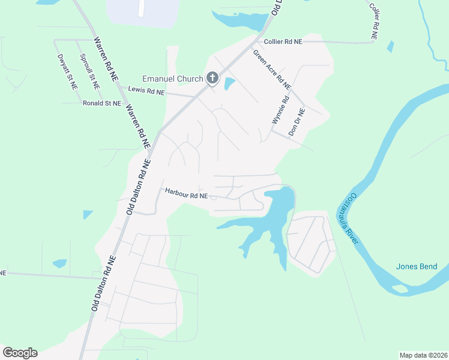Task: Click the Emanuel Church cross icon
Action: [x=212, y=78]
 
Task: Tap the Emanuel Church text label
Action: [x=172, y=79]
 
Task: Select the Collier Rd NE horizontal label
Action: [x=283, y=41]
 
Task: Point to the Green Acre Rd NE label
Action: [x=271, y=70]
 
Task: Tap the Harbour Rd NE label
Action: [x=186, y=195]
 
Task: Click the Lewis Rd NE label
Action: [x=146, y=91]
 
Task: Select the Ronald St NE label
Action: [x=101, y=103]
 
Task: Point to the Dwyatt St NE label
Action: [x=68, y=72]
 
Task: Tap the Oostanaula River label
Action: [x=349, y=218]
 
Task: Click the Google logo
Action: [x=20, y=353]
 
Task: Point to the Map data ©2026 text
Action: [x=423, y=355]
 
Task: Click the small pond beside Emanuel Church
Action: [x=229, y=84]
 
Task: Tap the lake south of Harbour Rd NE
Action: [x=273, y=222]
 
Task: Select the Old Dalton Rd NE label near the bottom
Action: [x=103, y=283]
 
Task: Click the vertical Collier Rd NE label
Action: [x=374, y=21]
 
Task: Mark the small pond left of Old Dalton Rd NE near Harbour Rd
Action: [x=88, y=214]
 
